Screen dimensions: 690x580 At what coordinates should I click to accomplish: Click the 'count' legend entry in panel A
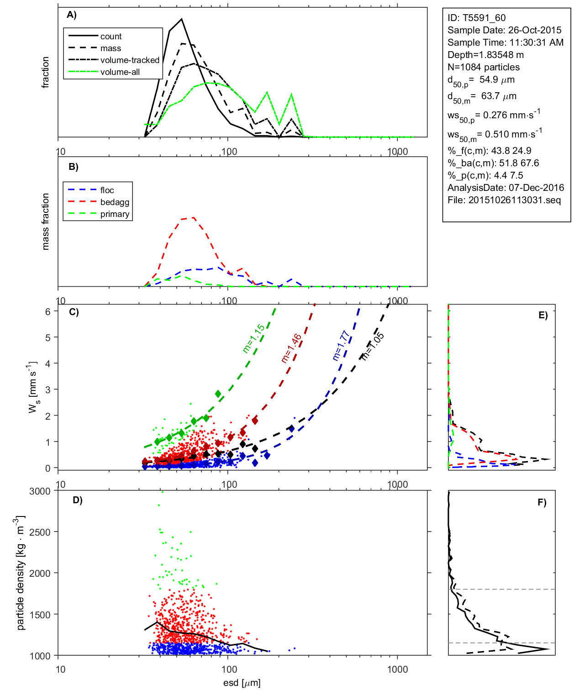pos(111,37)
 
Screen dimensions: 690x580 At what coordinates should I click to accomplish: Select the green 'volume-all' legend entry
pos(120,72)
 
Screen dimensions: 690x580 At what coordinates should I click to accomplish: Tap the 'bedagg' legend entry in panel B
pos(115,202)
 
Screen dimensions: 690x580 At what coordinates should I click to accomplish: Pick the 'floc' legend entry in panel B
pos(107,190)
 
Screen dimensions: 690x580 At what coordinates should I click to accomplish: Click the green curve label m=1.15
pos(253,338)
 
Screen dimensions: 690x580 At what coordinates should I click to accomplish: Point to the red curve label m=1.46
pos(291,348)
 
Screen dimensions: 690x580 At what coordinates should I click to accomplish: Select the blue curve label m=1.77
pos(341,345)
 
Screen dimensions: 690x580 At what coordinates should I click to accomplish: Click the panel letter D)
pos(78,500)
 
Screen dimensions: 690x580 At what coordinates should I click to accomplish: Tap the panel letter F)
pos(542,502)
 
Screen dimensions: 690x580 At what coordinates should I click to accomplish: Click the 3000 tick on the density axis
pos(40,491)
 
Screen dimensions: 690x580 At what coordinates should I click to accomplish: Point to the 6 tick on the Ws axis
pos(47,311)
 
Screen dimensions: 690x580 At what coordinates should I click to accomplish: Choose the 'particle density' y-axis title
pos(21,573)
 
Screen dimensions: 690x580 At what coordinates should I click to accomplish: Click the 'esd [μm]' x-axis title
pos(242,683)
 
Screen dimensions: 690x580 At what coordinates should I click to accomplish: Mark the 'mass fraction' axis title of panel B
pos(45,221)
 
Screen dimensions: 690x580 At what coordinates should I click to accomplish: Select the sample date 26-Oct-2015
pos(535,30)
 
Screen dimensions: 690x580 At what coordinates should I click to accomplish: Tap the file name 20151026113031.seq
pos(515,200)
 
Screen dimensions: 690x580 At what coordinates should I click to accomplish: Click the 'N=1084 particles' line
pos(484,67)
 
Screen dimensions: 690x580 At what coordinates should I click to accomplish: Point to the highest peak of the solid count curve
pos(182,19)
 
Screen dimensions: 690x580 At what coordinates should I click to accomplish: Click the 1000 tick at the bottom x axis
pos(397,669)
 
